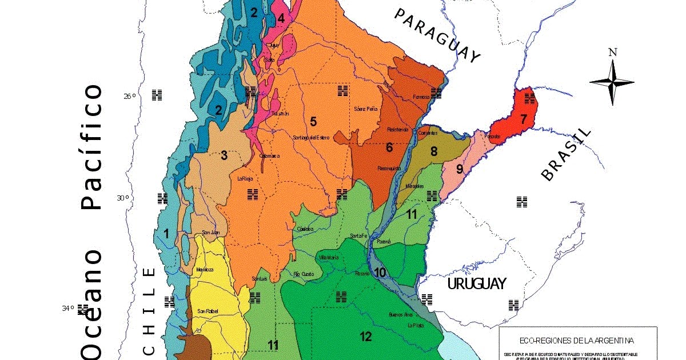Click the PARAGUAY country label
point(437,35)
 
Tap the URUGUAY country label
point(476,283)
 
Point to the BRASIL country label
point(565,154)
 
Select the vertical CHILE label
point(149,311)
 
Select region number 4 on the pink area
point(281,18)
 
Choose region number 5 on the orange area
point(313,121)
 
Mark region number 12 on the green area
point(366,336)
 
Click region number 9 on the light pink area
point(459,169)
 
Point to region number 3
point(224,155)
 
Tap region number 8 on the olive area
point(434,151)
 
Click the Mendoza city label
point(204,269)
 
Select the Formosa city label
point(421,97)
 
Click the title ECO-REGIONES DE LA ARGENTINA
point(577,341)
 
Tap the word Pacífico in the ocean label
point(93,147)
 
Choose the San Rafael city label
point(208,311)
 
